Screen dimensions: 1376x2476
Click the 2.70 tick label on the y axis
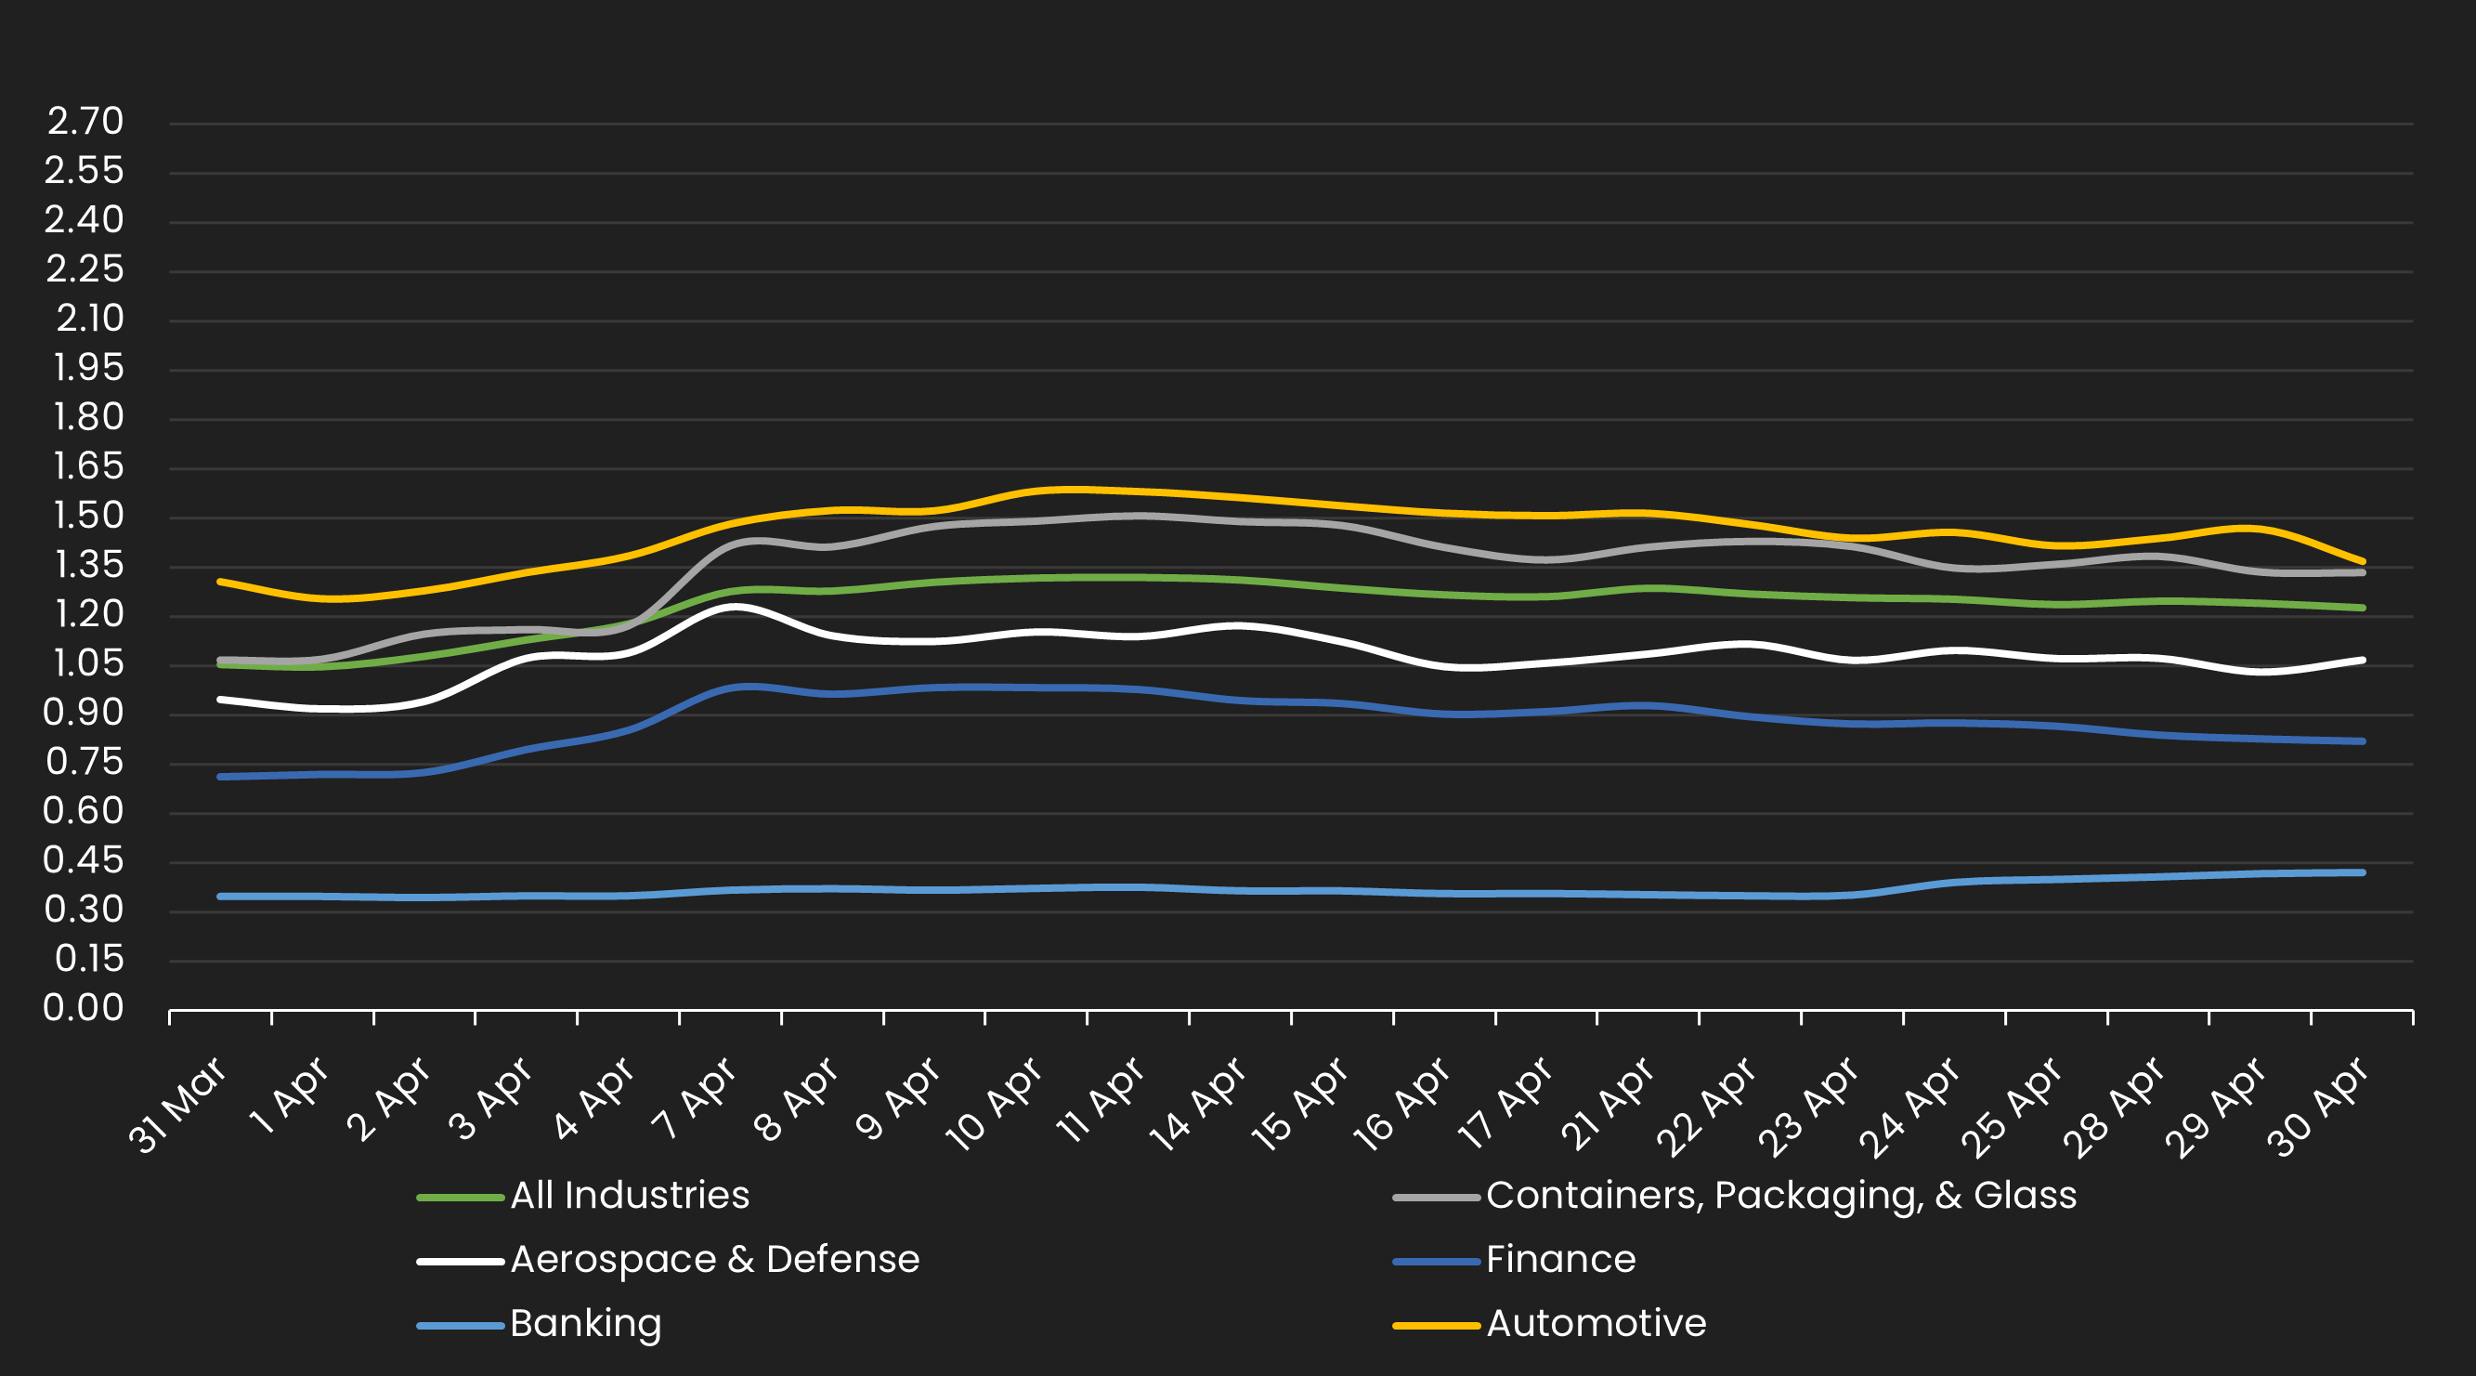pyautogui.click(x=85, y=122)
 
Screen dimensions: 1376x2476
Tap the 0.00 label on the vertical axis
pyautogui.click(x=84, y=1009)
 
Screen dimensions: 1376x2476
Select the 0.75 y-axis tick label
pyautogui.click(x=85, y=763)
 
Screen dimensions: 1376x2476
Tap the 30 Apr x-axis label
pyautogui.click(x=2316, y=1106)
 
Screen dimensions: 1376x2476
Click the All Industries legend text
pyautogui.click(x=630, y=1196)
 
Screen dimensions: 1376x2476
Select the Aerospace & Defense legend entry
pyautogui.click(x=714, y=1260)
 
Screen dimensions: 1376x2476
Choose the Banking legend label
pyautogui.click(x=585, y=1324)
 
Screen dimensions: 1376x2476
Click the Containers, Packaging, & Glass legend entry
pyautogui.click(x=1781, y=1196)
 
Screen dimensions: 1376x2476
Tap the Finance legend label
pyautogui.click(x=1560, y=1260)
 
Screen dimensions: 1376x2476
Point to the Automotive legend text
pyautogui.click(x=1596, y=1324)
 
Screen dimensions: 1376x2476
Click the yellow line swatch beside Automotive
pyautogui.click(x=1436, y=1326)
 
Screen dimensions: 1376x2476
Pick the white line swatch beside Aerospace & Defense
pyautogui.click(x=461, y=1262)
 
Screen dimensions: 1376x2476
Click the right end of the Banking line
pyautogui.click(x=2362, y=873)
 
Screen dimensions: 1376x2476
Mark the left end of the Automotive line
pyautogui.click(x=221, y=582)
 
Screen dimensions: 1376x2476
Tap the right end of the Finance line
pyautogui.click(x=2362, y=741)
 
